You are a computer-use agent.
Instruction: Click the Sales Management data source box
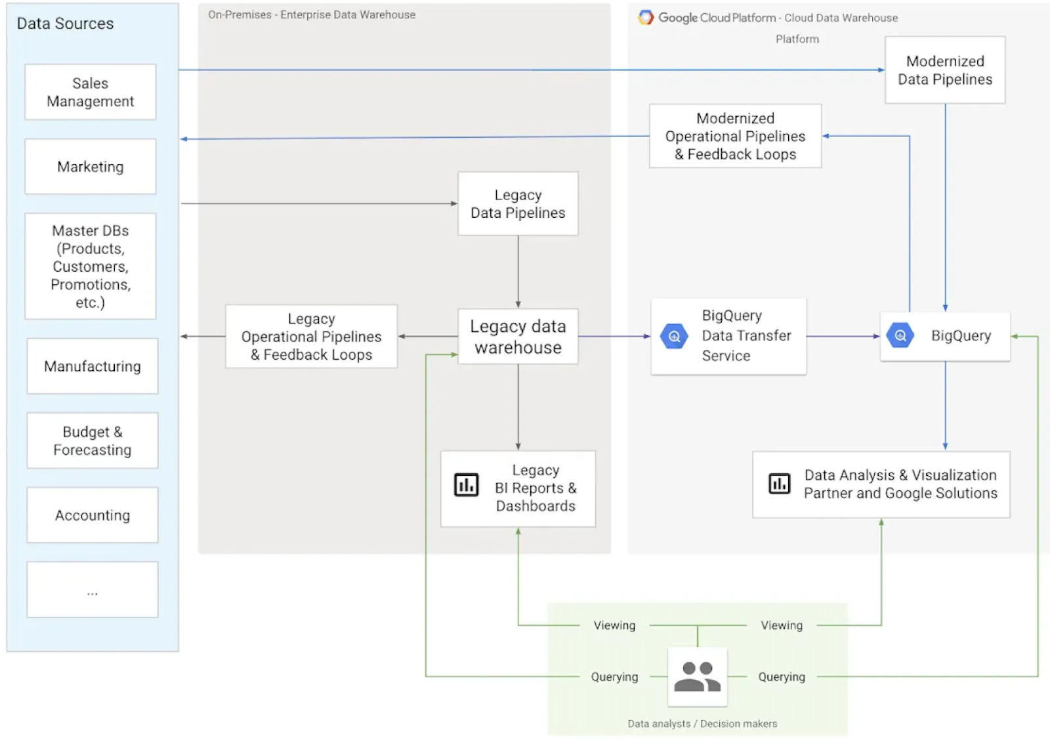[x=91, y=92]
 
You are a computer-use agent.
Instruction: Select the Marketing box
[x=91, y=167]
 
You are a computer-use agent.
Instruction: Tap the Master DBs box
[x=91, y=266]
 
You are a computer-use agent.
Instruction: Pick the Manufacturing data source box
[x=93, y=366]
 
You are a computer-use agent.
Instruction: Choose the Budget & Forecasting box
[x=93, y=440]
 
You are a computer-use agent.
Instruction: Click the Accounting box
[x=93, y=515]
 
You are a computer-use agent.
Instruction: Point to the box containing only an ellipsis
[x=93, y=589]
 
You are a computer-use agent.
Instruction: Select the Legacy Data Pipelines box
[x=518, y=204]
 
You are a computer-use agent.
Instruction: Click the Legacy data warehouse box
[x=518, y=337]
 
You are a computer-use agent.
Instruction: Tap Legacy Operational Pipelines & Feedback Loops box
[x=311, y=337]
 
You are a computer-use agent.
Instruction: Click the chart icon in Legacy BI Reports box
[x=467, y=485]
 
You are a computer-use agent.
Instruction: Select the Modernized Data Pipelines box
[x=945, y=70]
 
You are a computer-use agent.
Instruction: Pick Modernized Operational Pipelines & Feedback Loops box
[x=735, y=136]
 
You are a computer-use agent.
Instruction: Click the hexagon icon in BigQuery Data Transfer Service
[x=674, y=337]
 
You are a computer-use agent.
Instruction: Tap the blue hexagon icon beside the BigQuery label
[x=900, y=335]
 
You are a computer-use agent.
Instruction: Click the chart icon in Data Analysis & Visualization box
[x=780, y=484]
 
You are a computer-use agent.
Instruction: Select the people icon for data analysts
[x=697, y=677]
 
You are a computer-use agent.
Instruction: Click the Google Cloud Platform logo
[x=646, y=18]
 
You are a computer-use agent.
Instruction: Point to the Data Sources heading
[x=65, y=24]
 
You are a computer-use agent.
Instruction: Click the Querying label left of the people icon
[x=614, y=677]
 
